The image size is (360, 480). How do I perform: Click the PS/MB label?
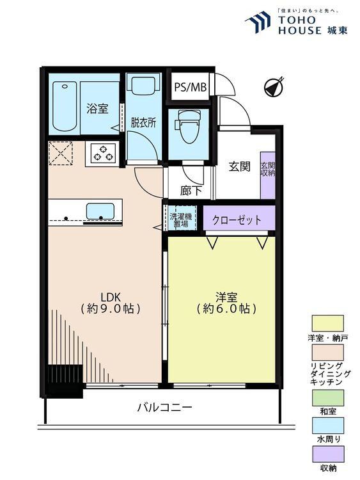191,87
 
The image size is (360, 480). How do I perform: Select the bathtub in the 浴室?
64,106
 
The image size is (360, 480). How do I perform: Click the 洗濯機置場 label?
181,220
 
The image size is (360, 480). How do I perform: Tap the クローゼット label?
237,220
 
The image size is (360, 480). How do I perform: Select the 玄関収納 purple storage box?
268,175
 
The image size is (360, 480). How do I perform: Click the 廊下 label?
191,191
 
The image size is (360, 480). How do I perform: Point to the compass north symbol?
274,86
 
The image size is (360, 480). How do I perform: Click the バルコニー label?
164,407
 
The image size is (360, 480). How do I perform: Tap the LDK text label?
111,296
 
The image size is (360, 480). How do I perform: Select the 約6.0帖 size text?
226,308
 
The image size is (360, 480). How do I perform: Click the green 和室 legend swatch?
327,397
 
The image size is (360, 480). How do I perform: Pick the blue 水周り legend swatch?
327,426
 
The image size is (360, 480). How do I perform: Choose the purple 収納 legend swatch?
327,454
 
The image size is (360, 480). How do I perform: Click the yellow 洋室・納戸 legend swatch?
327,323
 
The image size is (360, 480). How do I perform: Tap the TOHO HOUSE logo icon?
258,22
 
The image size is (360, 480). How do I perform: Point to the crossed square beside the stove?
61,153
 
